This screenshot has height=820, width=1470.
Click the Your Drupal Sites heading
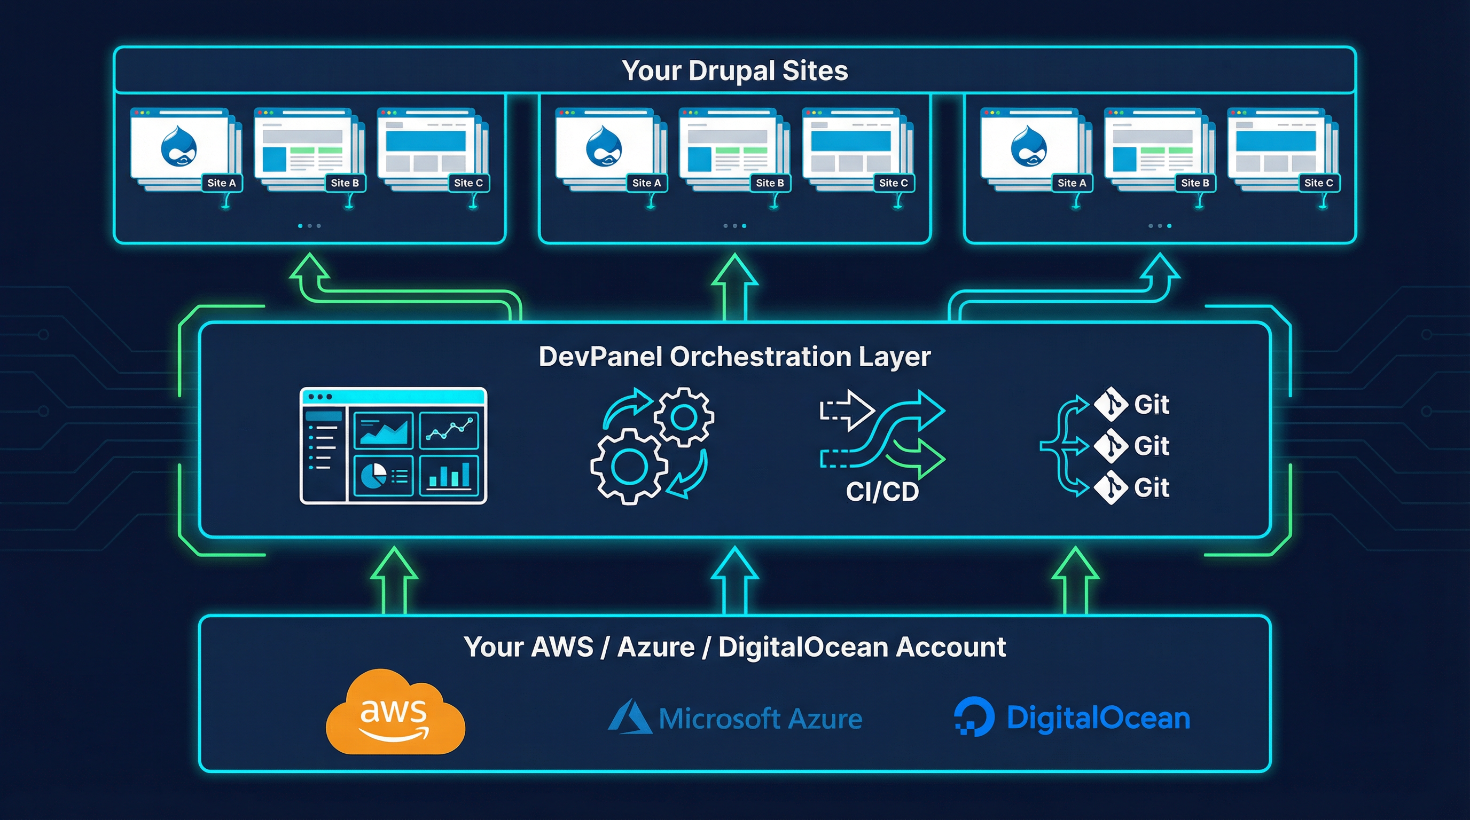coord(734,70)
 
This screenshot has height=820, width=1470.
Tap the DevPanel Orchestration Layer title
coord(734,357)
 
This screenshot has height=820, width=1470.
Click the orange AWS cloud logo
coord(395,713)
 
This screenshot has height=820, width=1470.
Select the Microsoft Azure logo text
coord(760,719)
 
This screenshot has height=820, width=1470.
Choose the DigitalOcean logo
coord(1073,717)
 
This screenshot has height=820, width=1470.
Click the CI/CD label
coord(882,492)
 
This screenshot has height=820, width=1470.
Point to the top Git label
coord(1152,404)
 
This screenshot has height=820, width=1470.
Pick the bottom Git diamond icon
coord(1111,487)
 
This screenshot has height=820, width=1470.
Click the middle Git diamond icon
coord(1111,445)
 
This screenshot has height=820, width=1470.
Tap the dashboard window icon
coord(393,445)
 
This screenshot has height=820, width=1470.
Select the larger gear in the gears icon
coord(628,467)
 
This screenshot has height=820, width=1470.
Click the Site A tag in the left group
coord(222,183)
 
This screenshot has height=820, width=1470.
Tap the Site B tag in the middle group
coord(769,183)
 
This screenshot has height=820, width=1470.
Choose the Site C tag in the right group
coord(1318,183)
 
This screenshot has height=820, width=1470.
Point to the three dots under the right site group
coord(1160,226)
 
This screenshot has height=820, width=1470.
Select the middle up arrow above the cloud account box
coord(734,579)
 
